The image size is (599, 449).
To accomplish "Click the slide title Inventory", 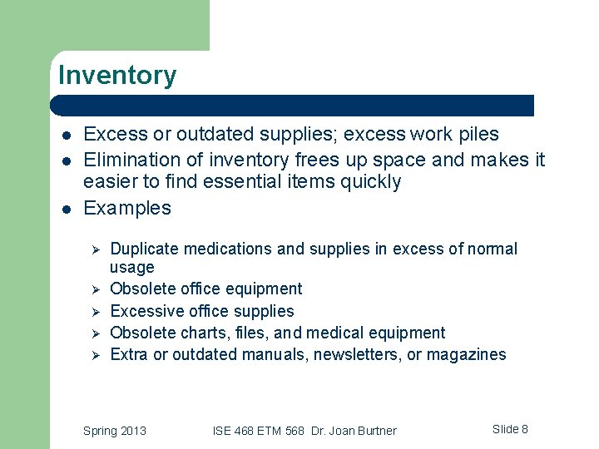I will point(117,76).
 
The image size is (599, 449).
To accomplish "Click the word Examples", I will point(127,208).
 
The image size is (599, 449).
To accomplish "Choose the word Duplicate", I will point(145,249).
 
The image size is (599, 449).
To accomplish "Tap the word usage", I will point(132,268).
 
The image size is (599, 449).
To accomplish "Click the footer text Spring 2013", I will point(115,431).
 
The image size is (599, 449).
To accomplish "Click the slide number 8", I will point(524,429).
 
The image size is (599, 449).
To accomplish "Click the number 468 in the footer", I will point(244,431).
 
